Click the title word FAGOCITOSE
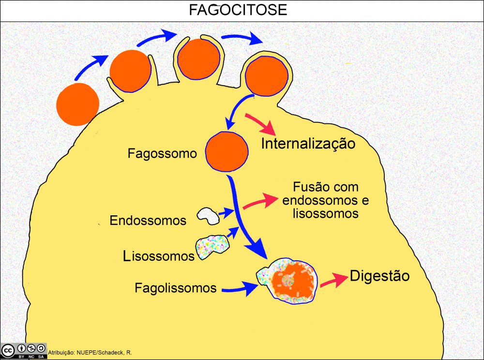tap(238, 10)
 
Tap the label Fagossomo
tap(162, 154)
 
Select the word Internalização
tap(308, 143)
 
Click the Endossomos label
tap(148, 221)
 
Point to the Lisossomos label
tap(158, 255)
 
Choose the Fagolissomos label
tap(175, 288)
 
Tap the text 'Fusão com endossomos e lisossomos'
tap(325, 200)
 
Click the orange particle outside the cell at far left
tap(78, 104)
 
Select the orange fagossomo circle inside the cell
tap(227, 151)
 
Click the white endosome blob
tap(208, 215)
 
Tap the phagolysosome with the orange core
tap(289, 281)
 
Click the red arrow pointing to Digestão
tap(333, 280)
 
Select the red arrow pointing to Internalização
tap(260, 124)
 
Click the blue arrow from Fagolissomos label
tap(239, 289)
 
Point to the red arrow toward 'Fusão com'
tap(258, 201)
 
